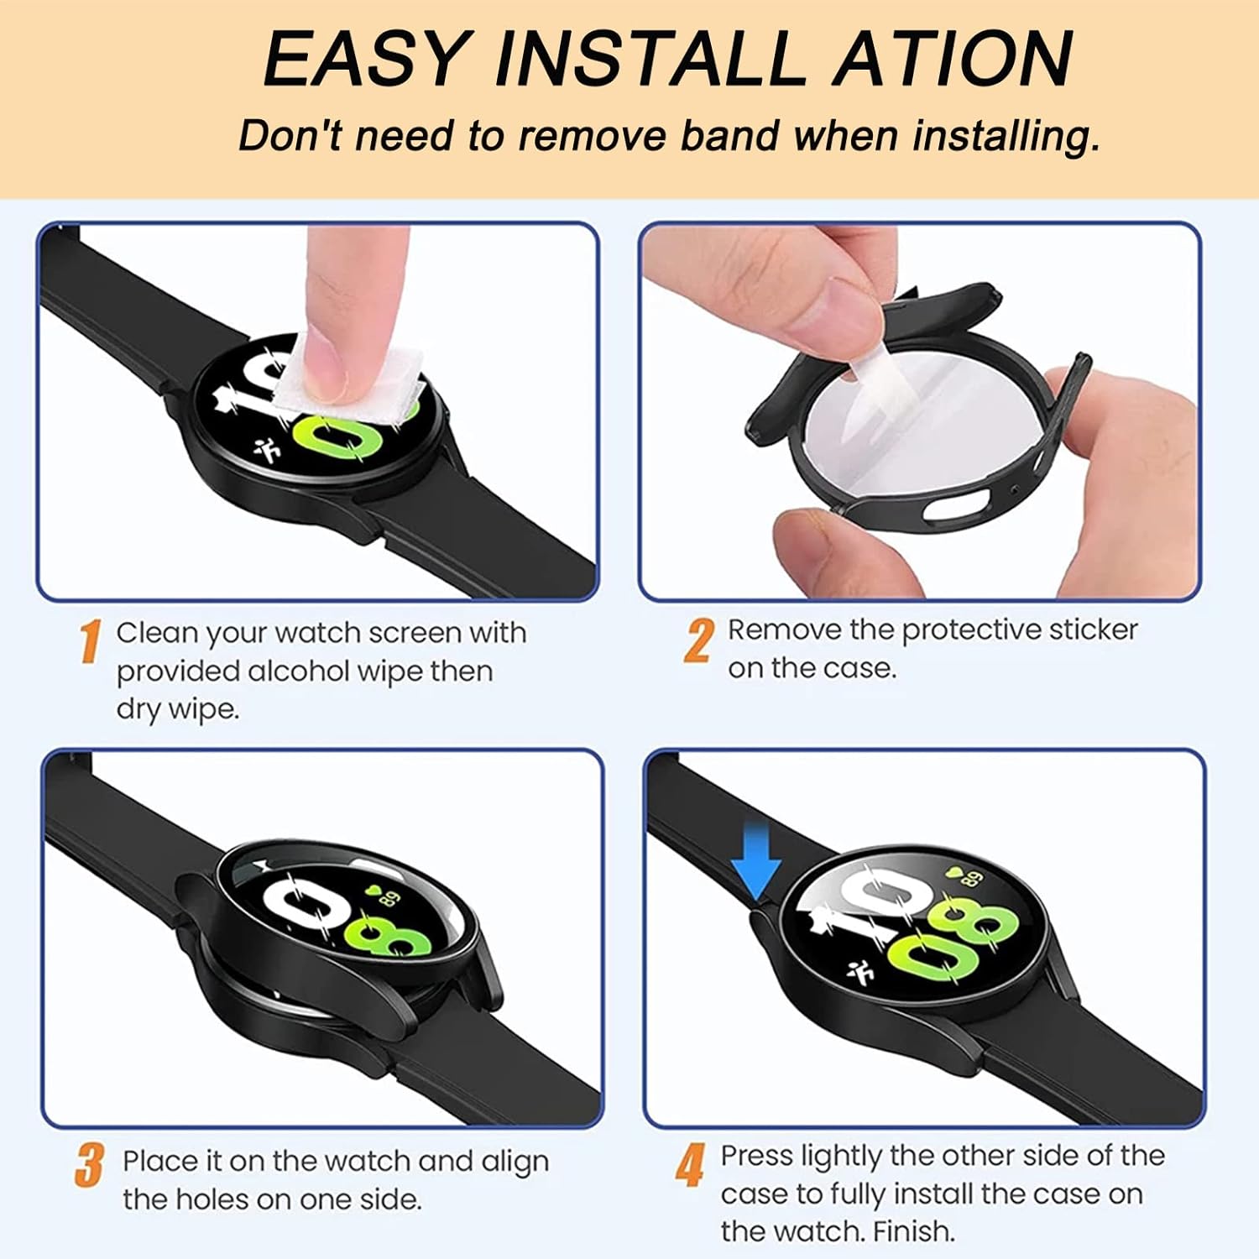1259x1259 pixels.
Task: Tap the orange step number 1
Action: pos(91,641)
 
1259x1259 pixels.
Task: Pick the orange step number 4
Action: pos(690,1165)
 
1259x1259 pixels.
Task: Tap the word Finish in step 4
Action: pos(914,1231)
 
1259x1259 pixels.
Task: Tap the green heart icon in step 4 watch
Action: pos(953,872)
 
